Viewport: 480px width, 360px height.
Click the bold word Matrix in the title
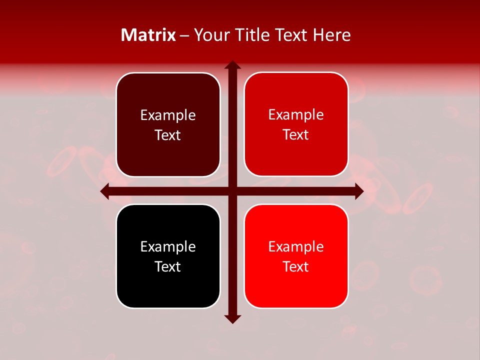point(148,35)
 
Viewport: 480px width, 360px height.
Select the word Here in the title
point(331,35)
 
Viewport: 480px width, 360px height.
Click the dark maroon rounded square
point(168,124)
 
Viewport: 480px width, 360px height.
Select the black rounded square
point(168,256)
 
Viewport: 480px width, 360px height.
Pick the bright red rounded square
point(296,256)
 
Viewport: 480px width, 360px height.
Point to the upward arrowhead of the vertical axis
point(232,65)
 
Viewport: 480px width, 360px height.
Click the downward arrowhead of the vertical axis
point(232,318)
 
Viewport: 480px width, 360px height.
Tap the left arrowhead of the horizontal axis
point(105,191)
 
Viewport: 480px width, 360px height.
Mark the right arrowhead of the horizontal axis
point(359,191)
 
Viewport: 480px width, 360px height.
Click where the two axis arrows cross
point(232,191)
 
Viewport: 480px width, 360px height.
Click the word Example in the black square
point(168,246)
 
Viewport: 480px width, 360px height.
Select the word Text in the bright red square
point(296,266)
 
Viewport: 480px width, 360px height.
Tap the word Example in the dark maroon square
point(168,115)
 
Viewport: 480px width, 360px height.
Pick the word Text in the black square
point(168,266)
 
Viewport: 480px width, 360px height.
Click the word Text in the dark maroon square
point(168,135)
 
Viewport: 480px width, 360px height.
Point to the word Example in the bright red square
point(296,246)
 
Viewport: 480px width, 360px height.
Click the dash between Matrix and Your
point(184,35)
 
